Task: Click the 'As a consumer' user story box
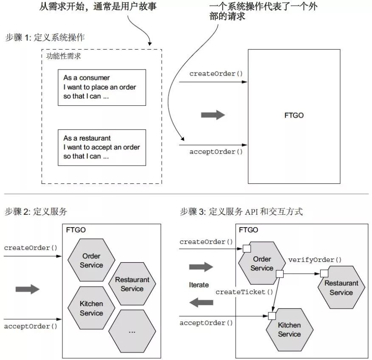click(x=102, y=87)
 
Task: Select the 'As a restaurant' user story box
click(x=102, y=147)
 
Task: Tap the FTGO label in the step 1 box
click(x=294, y=115)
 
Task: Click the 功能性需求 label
click(x=63, y=56)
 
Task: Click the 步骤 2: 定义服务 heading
click(x=36, y=211)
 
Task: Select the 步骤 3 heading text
click(x=241, y=211)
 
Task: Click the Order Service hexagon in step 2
click(x=91, y=260)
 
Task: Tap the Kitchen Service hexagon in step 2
click(x=91, y=308)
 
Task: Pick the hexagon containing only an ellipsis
click(x=132, y=331)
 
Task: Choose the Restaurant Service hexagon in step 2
click(x=132, y=284)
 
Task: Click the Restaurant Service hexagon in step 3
click(x=341, y=287)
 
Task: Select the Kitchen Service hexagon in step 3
click(x=290, y=329)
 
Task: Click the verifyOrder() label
click(x=315, y=260)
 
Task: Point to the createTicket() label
click(x=244, y=292)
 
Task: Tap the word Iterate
click(x=199, y=285)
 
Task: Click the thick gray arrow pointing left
click(x=201, y=302)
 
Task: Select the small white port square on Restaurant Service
click(x=324, y=273)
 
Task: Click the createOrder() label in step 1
click(x=216, y=73)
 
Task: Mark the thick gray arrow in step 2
click(x=28, y=289)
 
